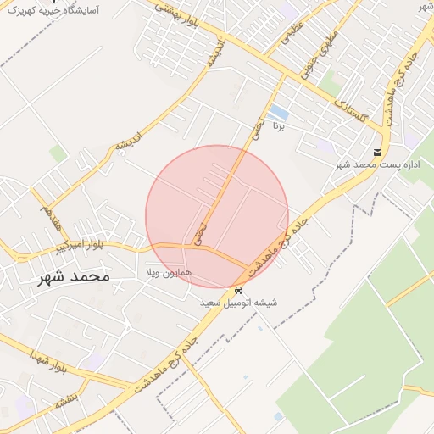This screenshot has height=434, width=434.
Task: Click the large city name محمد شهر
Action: click(x=74, y=276)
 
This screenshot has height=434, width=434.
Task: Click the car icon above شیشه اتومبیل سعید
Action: click(x=238, y=290)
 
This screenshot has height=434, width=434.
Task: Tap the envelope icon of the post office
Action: click(x=376, y=153)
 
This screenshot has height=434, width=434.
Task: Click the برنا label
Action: click(x=278, y=125)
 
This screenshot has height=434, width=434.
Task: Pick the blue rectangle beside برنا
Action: click(x=278, y=112)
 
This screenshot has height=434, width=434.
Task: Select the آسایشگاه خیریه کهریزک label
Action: click(x=51, y=10)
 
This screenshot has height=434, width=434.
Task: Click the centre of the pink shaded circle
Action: click(x=217, y=216)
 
